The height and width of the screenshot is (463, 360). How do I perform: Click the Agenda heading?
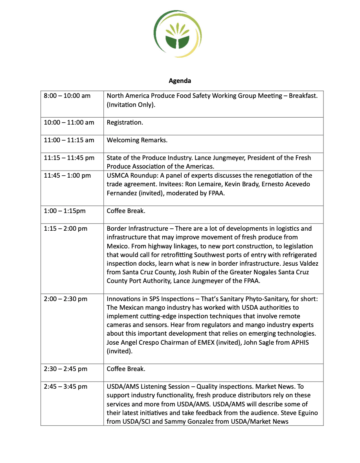click(x=180, y=81)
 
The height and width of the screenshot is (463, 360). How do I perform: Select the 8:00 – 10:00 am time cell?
click(x=67, y=96)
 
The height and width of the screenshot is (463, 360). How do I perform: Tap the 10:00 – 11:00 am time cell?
click(x=69, y=123)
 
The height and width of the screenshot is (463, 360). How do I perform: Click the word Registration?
click(x=125, y=123)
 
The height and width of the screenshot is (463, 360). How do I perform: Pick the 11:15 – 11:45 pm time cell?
click(x=69, y=158)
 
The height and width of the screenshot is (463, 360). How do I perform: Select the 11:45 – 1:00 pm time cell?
click(x=67, y=176)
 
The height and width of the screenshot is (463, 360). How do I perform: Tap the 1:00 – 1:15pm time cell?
click(x=65, y=211)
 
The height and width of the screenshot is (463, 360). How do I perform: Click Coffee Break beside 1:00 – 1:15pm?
click(x=126, y=211)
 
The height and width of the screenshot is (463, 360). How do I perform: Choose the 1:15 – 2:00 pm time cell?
click(x=66, y=229)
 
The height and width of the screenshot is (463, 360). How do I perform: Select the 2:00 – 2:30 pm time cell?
click(x=66, y=299)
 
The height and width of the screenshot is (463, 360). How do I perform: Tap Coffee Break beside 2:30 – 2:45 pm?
click(x=126, y=369)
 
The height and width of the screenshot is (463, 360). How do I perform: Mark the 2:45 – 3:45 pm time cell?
click(x=66, y=387)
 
